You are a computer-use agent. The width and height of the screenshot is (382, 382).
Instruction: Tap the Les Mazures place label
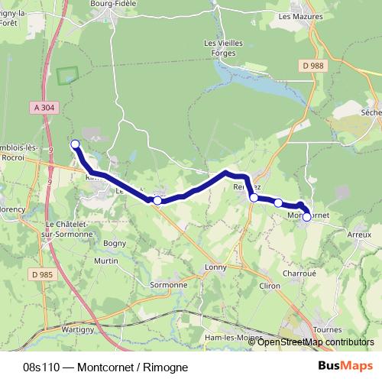click(x=301, y=16)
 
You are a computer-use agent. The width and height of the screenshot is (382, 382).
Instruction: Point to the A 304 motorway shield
click(x=47, y=108)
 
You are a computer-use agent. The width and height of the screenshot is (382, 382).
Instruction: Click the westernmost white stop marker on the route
click(x=75, y=144)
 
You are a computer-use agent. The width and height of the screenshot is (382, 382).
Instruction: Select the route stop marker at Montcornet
click(x=306, y=217)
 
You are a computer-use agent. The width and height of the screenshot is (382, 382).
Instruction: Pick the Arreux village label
click(x=358, y=235)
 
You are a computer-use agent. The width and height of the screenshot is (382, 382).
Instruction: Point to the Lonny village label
click(x=217, y=267)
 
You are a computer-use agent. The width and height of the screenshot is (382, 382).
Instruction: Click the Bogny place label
click(x=114, y=244)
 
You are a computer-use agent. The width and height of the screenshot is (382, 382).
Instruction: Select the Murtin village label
click(x=105, y=261)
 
